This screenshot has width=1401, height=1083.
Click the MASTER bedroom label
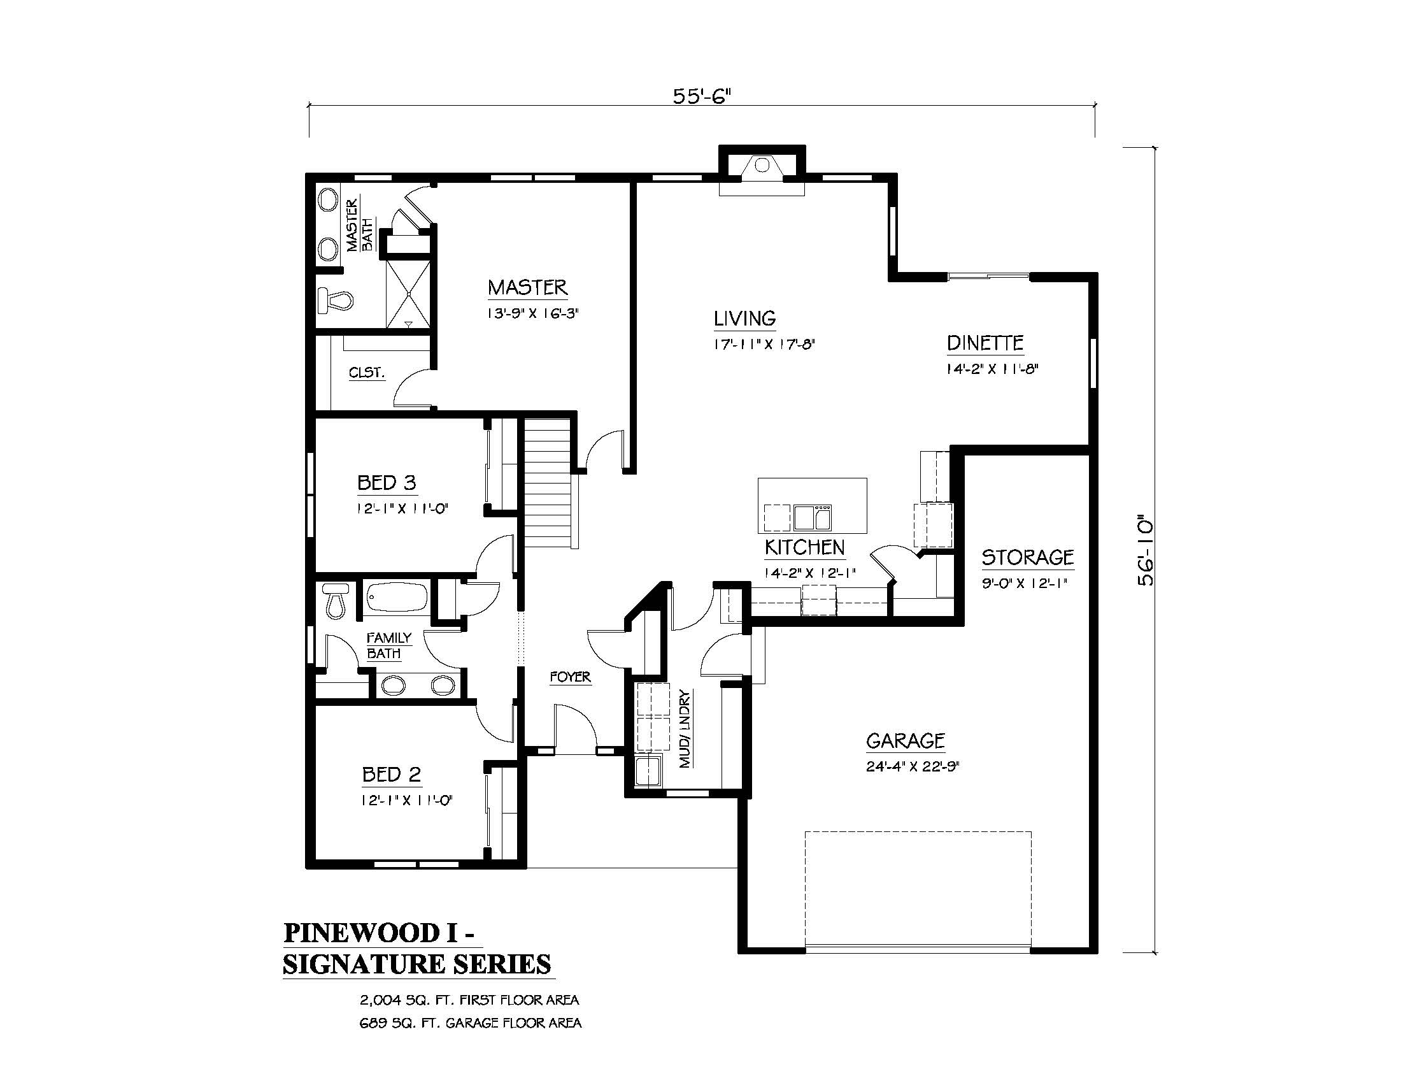(x=527, y=287)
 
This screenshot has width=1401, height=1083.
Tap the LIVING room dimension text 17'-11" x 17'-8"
(x=764, y=344)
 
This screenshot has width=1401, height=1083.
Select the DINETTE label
(x=985, y=343)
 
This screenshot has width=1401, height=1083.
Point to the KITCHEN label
(x=804, y=547)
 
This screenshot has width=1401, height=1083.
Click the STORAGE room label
(x=1028, y=557)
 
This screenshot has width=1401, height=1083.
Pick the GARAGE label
(x=905, y=741)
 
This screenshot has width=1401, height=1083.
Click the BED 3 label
(x=387, y=482)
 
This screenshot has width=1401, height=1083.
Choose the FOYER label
(x=571, y=677)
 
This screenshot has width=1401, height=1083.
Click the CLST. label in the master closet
(x=367, y=372)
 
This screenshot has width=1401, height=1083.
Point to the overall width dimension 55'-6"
(x=702, y=96)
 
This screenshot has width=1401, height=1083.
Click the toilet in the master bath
(x=336, y=299)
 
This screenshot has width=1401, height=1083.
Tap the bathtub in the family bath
(x=397, y=598)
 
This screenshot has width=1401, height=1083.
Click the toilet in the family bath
(x=335, y=600)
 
